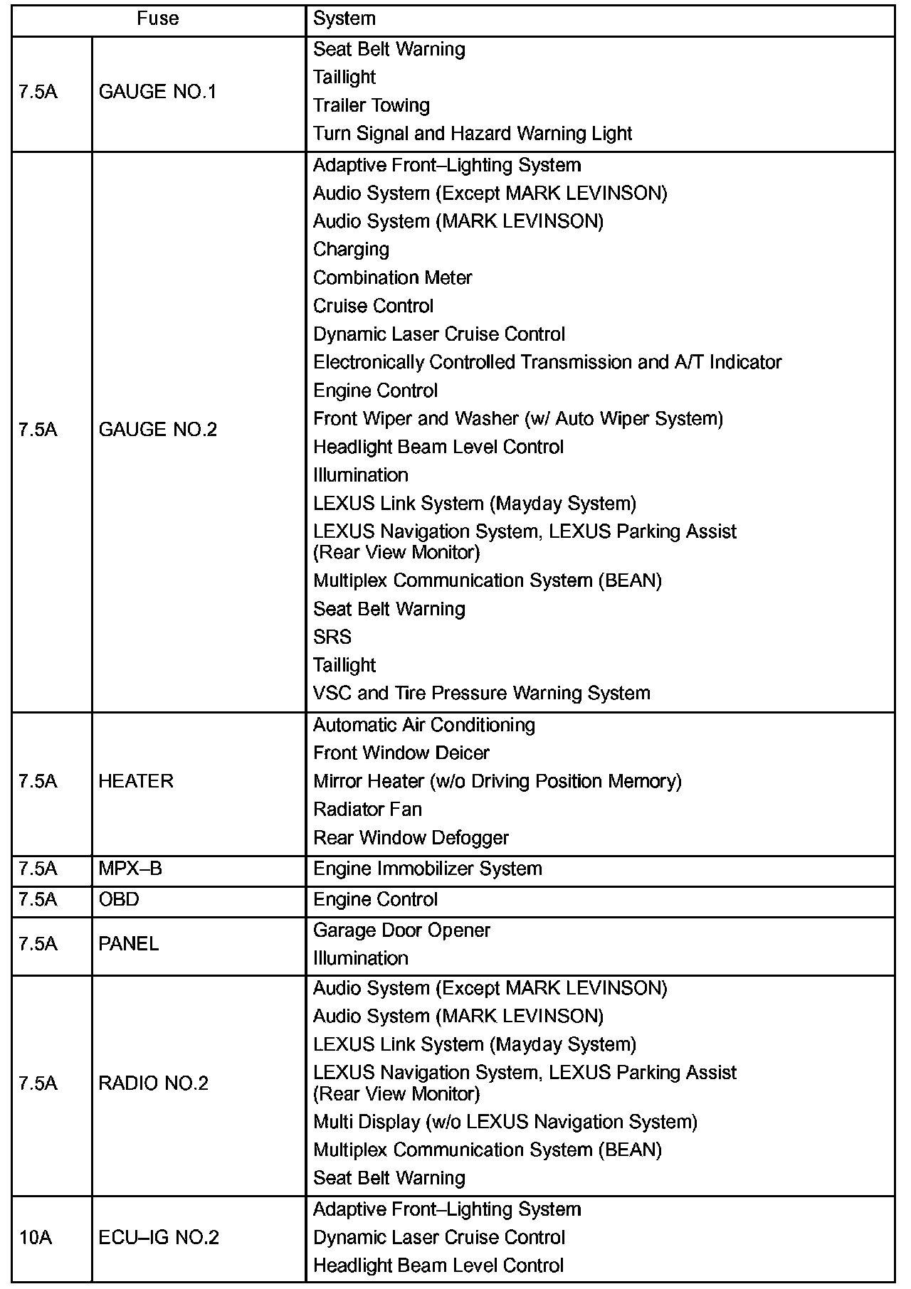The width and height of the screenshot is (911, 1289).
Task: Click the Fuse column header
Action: click(x=158, y=18)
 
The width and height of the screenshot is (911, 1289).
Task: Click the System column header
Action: click(x=344, y=18)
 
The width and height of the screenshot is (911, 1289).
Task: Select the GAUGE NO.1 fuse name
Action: click(x=157, y=92)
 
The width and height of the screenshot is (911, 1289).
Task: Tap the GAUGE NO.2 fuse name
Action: click(x=157, y=430)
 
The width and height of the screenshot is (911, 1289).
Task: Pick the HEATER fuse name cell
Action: click(x=136, y=781)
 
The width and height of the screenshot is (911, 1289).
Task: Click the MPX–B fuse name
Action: click(x=130, y=869)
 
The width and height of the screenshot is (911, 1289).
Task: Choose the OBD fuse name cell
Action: click(x=119, y=900)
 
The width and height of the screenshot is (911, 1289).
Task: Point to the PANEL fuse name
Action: click(x=129, y=944)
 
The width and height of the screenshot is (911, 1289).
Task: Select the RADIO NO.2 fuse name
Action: click(x=153, y=1083)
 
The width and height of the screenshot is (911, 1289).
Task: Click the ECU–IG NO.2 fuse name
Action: click(x=159, y=1238)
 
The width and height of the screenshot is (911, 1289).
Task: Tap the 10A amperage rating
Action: click(x=36, y=1238)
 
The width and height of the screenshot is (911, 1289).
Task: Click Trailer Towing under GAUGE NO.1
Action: click(x=372, y=106)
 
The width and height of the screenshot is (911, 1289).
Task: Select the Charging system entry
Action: click(x=351, y=250)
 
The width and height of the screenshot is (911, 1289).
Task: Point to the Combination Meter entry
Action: click(x=392, y=278)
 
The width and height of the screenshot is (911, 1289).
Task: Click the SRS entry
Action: click(x=332, y=637)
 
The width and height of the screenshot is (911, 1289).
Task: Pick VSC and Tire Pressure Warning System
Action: click(x=481, y=694)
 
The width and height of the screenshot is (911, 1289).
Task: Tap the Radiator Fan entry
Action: click(x=367, y=810)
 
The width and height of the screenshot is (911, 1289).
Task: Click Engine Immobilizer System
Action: click(x=427, y=869)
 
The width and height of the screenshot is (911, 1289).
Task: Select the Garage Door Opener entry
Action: click(x=401, y=930)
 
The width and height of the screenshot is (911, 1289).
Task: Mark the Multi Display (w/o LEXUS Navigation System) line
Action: click(x=505, y=1122)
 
